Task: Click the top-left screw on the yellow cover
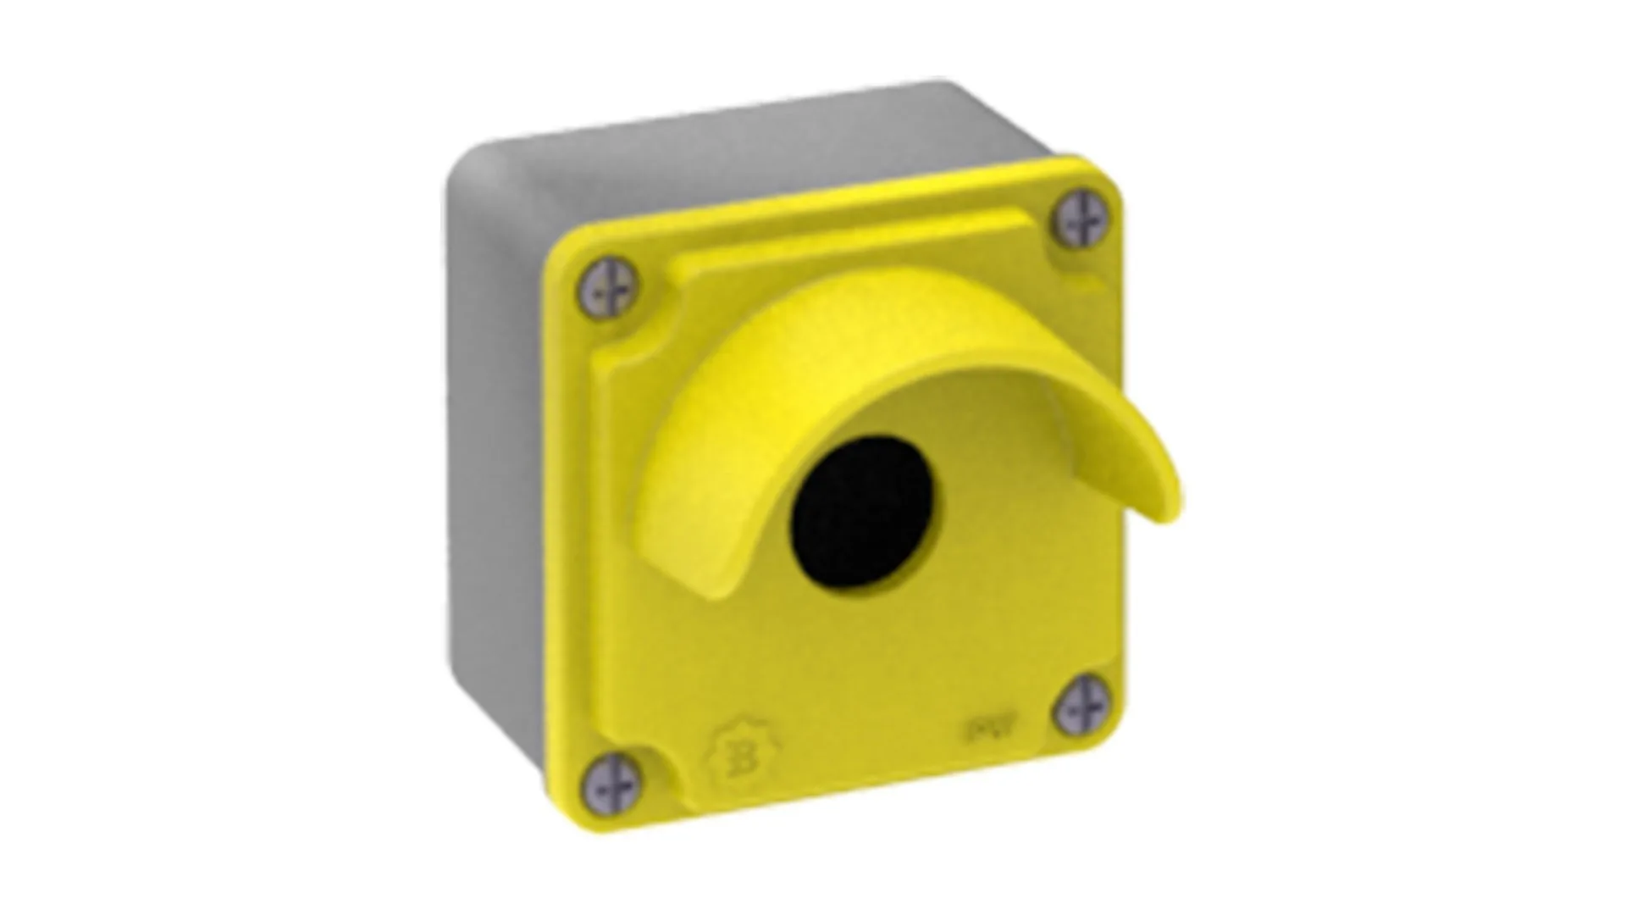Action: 607,288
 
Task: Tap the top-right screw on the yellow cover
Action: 1081,219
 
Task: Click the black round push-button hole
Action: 864,511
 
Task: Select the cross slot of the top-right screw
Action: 1081,219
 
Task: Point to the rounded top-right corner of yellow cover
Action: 1105,174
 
